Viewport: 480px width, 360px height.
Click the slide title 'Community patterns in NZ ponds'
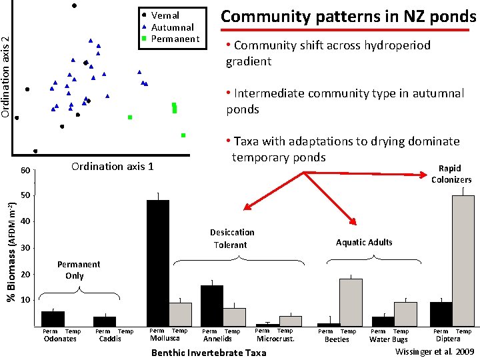coord(348,16)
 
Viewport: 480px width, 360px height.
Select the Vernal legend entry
coord(165,15)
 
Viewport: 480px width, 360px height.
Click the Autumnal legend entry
coord(172,27)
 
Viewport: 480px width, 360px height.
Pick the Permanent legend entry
coord(175,39)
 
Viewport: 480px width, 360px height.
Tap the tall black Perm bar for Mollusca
coord(158,263)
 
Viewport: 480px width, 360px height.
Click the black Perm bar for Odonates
coord(53,319)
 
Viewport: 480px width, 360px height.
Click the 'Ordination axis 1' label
coord(112,166)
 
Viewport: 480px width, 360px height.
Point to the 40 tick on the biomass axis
coord(25,221)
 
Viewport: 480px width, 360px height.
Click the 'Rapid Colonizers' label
coord(451,174)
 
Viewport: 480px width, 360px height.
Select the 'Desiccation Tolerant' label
coord(231,239)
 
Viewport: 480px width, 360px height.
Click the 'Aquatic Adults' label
coord(364,242)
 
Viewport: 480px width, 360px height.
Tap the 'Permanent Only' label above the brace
coord(79,270)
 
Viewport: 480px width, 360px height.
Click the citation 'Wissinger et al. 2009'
coord(435,351)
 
